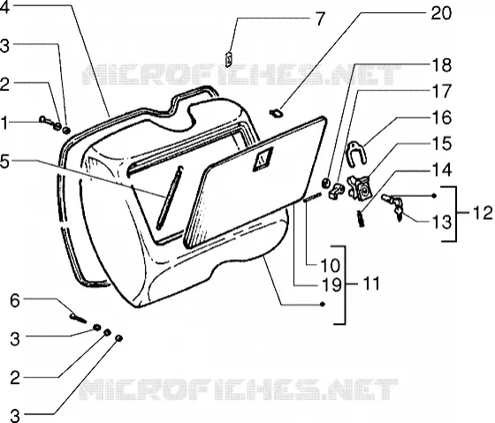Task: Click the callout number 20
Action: (441, 13)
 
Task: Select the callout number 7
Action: (320, 19)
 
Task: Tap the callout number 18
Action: (441, 65)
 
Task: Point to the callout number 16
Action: (441, 117)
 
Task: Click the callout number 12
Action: (483, 212)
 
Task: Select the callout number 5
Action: (4, 162)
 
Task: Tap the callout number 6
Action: (15, 300)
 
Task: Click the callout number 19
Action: (331, 284)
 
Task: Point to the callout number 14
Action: (441, 170)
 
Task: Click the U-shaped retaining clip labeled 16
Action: (357, 153)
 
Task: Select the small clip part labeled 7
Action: (229, 58)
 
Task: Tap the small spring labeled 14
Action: (361, 218)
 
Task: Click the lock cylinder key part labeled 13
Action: (393, 206)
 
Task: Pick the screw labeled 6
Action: (78, 318)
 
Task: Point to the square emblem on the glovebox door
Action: (263, 159)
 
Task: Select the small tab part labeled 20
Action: (276, 113)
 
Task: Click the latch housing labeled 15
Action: (361, 188)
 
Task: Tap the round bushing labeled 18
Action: (325, 182)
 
